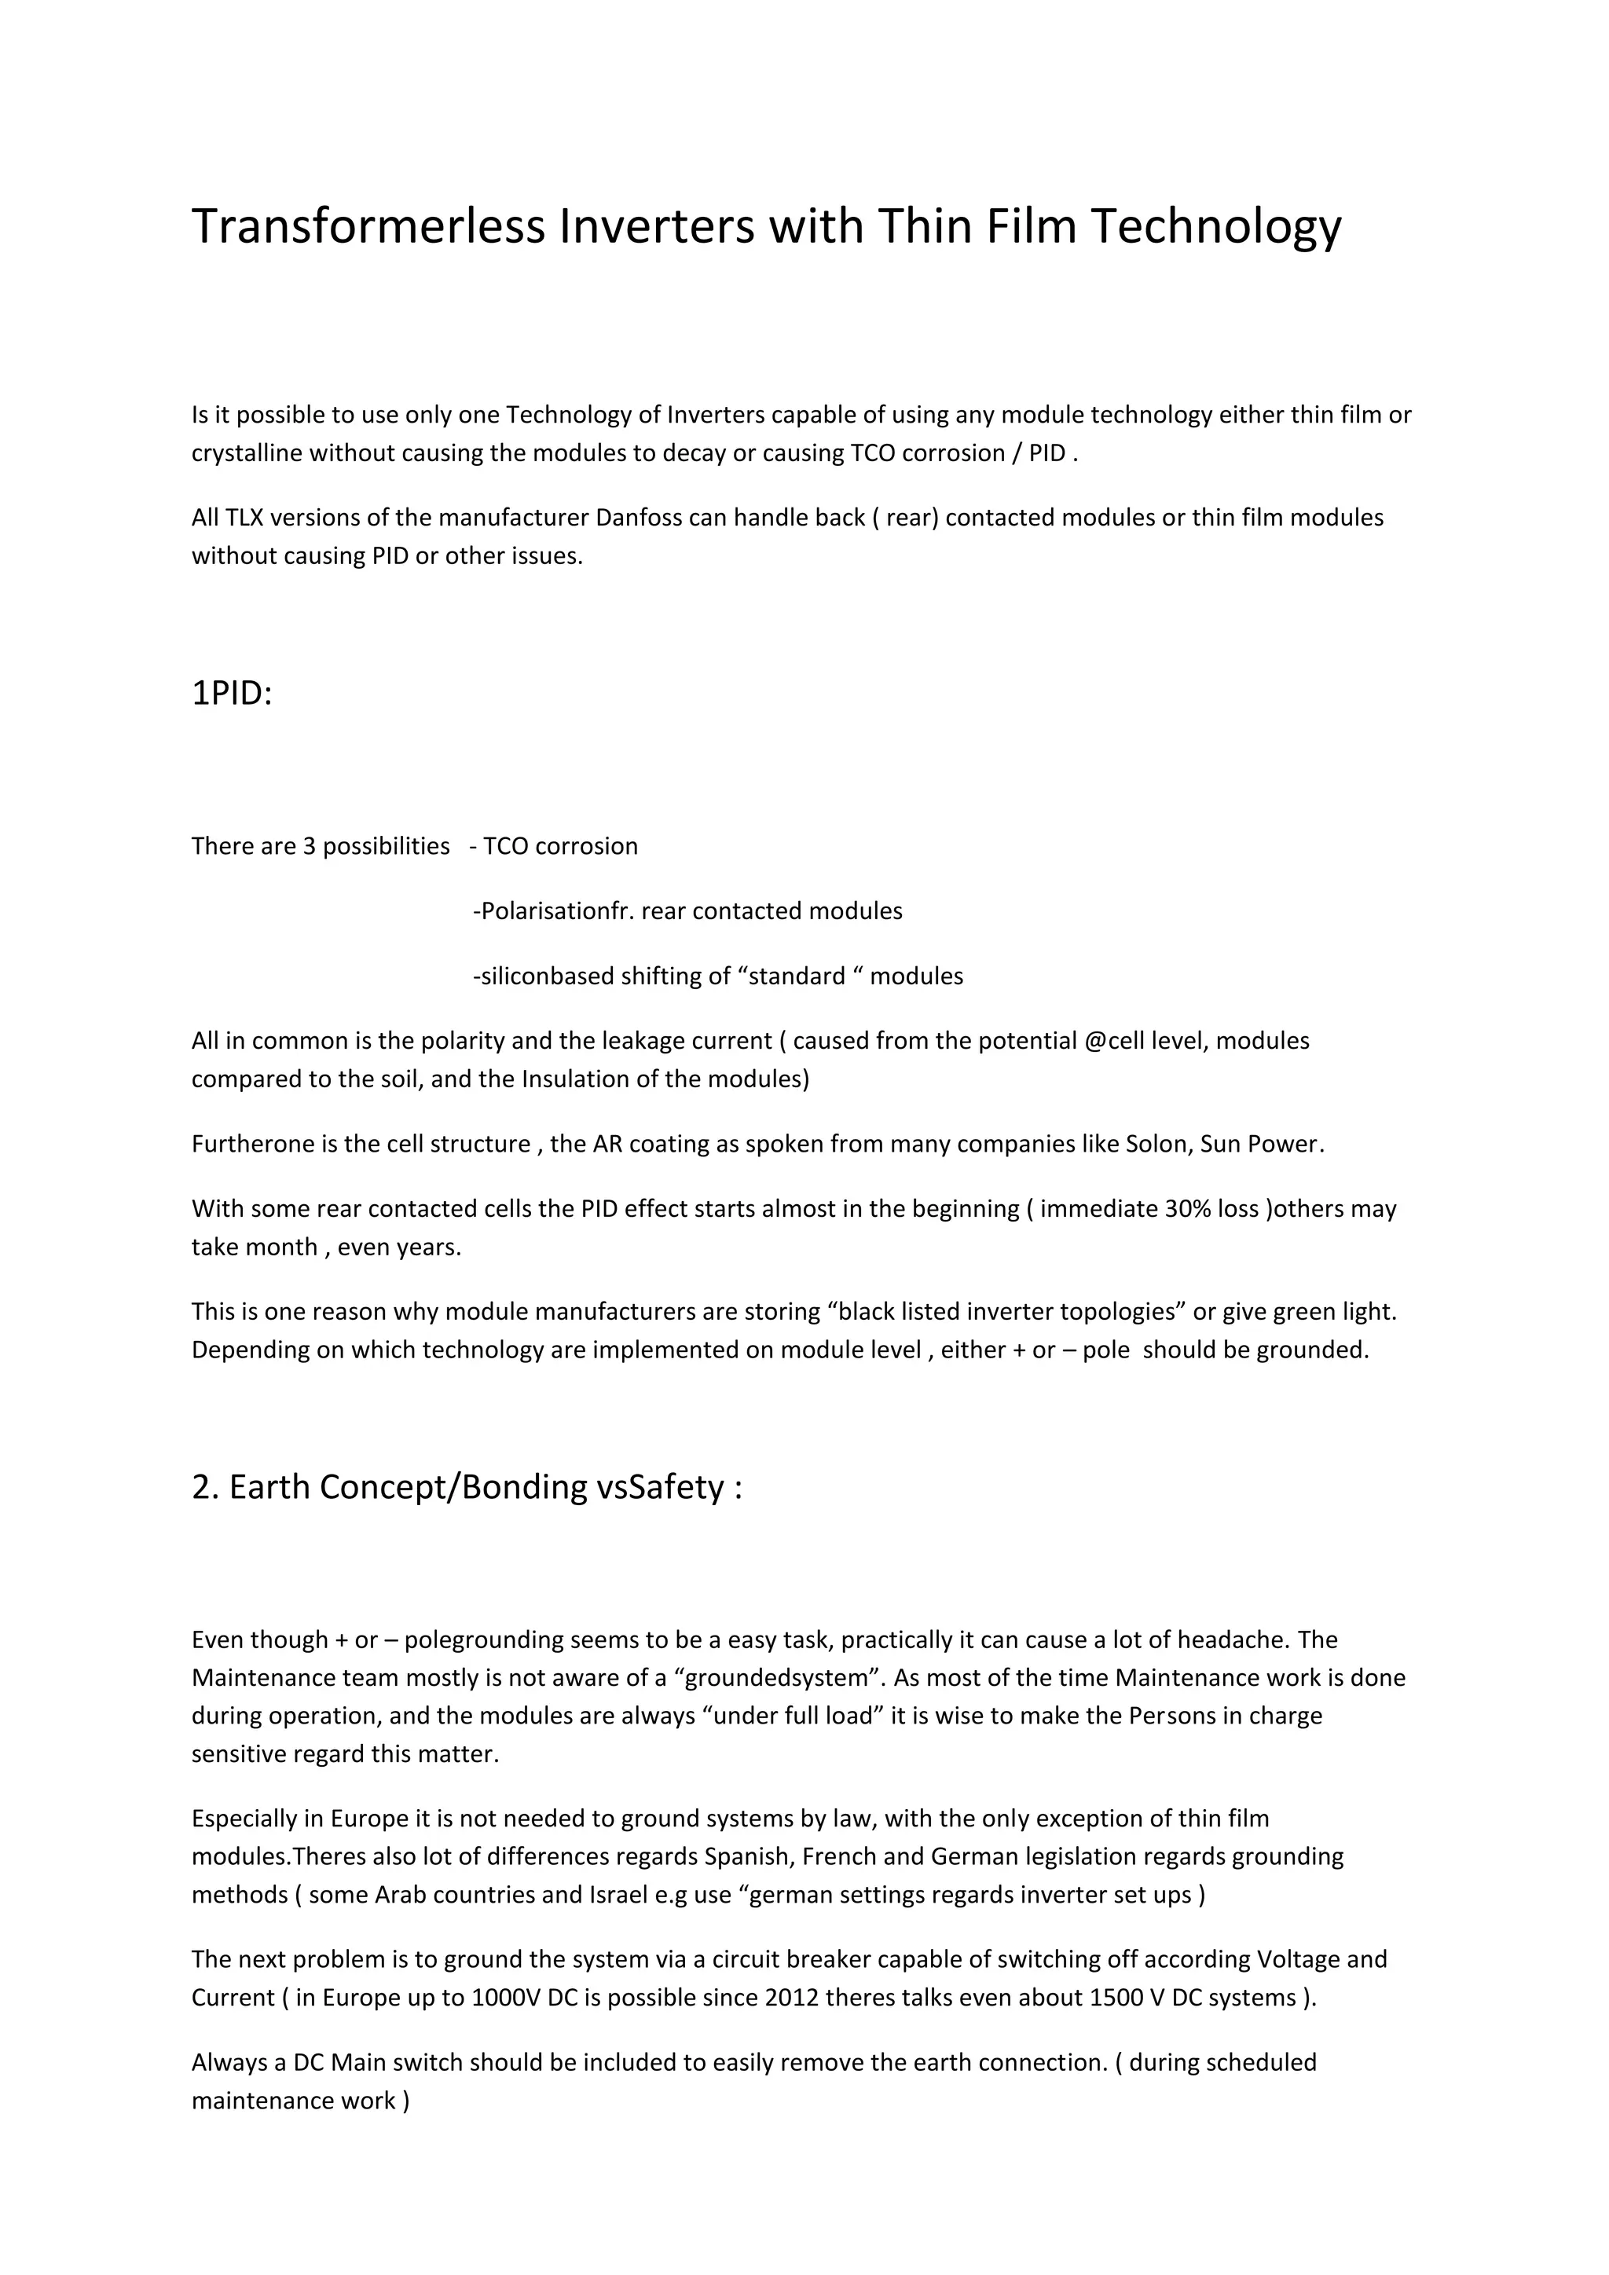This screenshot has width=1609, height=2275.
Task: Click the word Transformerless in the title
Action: click(x=368, y=226)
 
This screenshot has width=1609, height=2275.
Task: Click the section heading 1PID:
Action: click(x=231, y=694)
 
